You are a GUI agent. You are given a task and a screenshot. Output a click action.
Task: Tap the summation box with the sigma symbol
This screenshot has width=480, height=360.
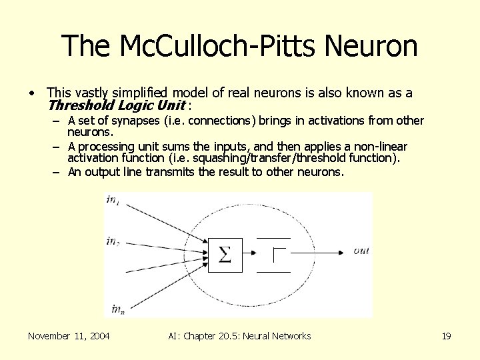click(225, 253)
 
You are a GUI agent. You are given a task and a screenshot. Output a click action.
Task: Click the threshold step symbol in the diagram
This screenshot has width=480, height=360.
click(278, 254)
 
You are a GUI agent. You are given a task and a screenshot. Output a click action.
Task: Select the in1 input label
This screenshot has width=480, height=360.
click(113, 199)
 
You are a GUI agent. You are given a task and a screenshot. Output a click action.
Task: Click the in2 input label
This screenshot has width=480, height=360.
click(113, 242)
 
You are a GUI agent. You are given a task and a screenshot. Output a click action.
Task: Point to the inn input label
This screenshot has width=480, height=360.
click(117, 308)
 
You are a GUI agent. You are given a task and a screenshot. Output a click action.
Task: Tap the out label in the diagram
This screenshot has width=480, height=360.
click(361, 251)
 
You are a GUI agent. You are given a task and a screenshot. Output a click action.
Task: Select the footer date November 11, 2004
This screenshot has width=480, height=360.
click(69, 336)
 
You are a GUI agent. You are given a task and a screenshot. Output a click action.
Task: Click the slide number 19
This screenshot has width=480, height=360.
click(446, 336)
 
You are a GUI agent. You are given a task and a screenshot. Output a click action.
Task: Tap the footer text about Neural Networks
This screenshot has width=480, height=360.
click(240, 336)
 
